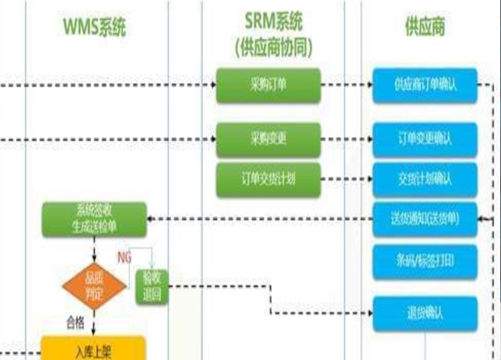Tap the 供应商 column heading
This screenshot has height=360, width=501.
[425, 27]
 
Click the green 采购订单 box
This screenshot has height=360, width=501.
[268, 85]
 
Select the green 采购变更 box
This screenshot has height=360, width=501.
[268, 140]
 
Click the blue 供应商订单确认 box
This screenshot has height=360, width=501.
[425, 85]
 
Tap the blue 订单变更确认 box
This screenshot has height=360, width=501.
[425, 140]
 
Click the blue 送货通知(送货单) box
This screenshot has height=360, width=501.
[425, 219]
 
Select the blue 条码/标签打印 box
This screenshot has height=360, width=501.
[425, 262]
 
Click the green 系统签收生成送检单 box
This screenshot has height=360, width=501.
[94, 219]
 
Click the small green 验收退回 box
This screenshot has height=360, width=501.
[152, 287]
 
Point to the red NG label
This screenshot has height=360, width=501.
[124, 257]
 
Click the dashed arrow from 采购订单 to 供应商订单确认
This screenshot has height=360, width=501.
[347, 85]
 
